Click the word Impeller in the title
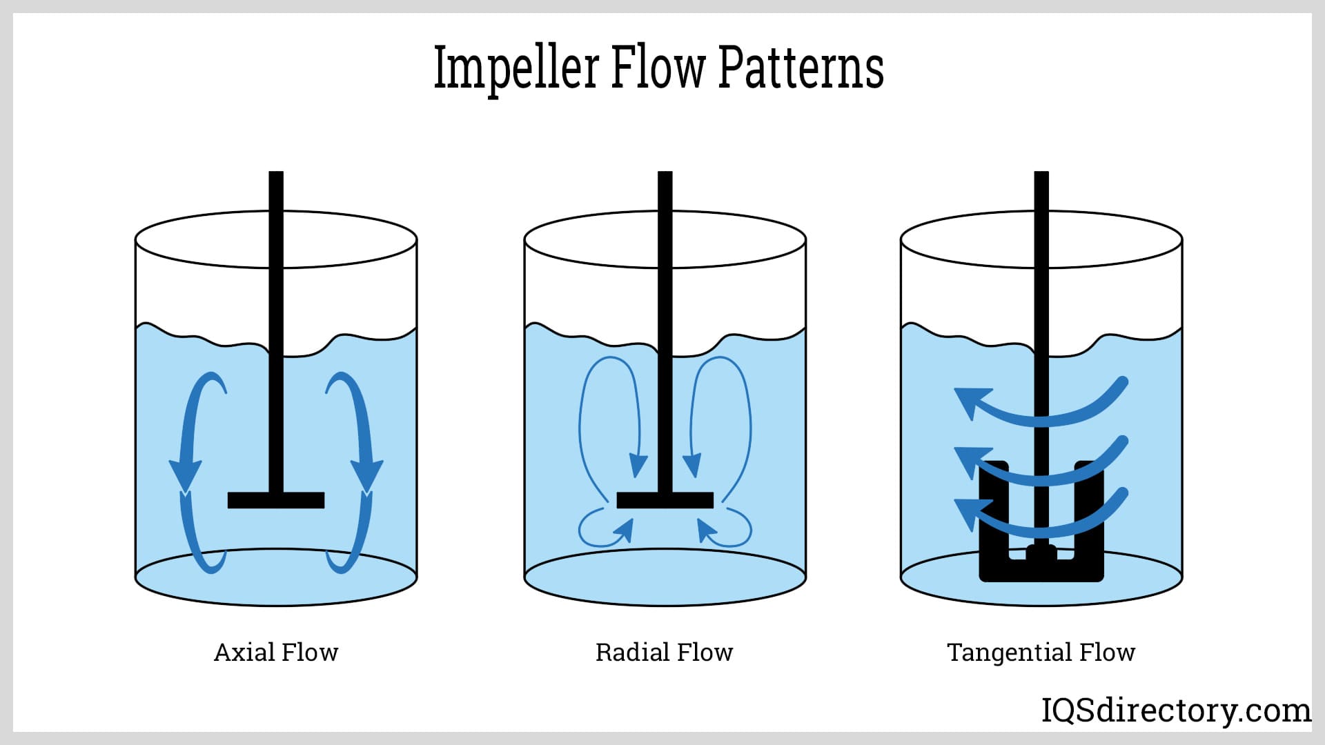[516, 69]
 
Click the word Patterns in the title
[801, 69]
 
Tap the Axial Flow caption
[276, 652]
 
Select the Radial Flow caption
[664, 652]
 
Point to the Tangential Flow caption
[1041, 652]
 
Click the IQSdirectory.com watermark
[1176, 710]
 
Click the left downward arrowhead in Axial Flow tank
[185, 475]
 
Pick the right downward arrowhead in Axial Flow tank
[366, 475]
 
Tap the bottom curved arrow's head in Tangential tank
[968, 511]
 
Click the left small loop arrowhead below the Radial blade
[625, 530]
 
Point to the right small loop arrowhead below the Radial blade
[706, 530]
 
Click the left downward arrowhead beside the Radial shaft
[638, 465]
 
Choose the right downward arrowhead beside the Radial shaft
[691, 465]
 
